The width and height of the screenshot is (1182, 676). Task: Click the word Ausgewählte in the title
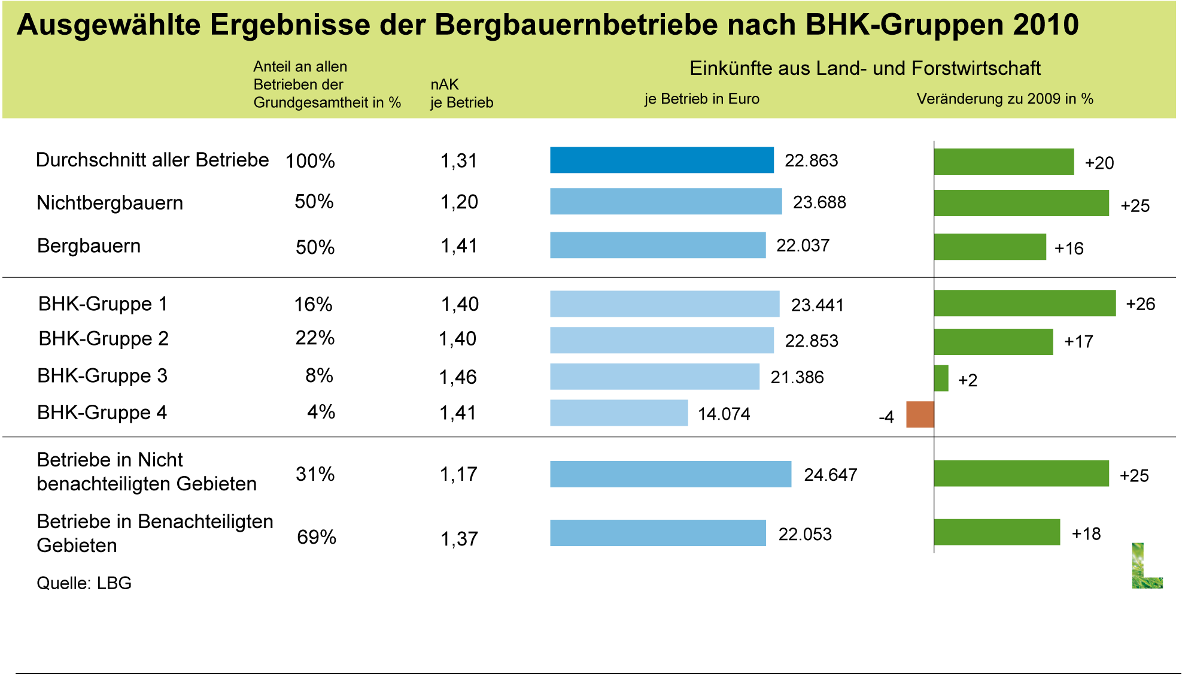pyautogui.click(x=108, y=26)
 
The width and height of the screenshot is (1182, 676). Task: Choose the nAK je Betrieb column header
pyautogui.click(x=461, y=93)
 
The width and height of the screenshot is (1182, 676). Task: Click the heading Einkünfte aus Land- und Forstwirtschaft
pyautogui.click(x=865, y=68)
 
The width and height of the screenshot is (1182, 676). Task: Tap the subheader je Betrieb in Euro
pyautogui.click(x=701, y=99)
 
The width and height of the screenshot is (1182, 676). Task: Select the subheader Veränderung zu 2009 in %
pyautogui.click(x=1005, y=99)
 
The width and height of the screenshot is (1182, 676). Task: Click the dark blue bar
pyautogui.click(x=662, y=160)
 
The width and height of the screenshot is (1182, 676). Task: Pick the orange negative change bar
pyautogui.click(x=920, y=414)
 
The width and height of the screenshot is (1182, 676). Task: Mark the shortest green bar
pyautogui.click(x=941, y=378)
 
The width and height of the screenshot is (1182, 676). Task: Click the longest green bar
pyautogui.click(x=1025, y=303)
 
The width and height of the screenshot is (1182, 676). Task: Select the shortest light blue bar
pyautogui.click(x=619, y=413)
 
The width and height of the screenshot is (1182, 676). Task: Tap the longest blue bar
pyautogui.click(x=670, y=474)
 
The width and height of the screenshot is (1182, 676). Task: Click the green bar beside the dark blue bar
pyautogui.click(x=1004, y=162)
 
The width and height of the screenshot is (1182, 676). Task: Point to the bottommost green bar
pyautogui.click(x=997, y=532)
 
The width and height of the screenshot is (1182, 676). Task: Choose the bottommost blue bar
pyautogui.click(x=658, y=532)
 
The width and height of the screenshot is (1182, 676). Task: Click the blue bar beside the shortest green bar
pyautogui.click(x=655, y=377)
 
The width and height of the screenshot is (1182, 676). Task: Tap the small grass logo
pyautogui.click(x=1147, y=566)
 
